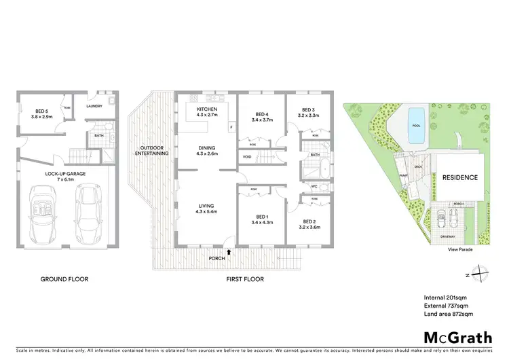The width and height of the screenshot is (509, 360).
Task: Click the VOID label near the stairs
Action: [247, 158]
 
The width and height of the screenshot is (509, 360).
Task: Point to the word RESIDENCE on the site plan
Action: [460, 178]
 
